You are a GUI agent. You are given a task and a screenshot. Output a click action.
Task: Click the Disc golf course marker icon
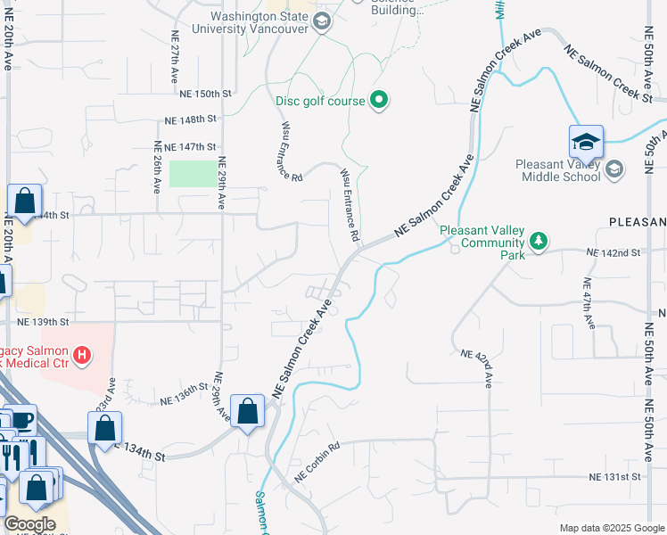point(379,101)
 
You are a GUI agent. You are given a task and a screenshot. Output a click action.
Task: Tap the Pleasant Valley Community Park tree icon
point(538,241)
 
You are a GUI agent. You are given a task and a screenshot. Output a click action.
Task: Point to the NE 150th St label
point(205,93)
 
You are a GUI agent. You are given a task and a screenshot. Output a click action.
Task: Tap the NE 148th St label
point(192,119)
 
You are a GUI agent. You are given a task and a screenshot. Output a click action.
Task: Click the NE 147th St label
point(185,146)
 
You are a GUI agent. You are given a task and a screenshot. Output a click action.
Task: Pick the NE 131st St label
point(614,478)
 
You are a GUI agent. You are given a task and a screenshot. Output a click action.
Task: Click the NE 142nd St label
point(614,253)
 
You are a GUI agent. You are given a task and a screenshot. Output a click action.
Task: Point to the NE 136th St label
point(185,394)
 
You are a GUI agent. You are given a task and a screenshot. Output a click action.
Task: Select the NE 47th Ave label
point(588,303)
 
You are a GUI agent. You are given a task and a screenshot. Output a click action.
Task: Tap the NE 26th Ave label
point(157,167)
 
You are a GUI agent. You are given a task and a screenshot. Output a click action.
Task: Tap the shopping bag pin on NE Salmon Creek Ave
point(249,413)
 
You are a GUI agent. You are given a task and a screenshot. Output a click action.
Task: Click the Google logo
point(29,524)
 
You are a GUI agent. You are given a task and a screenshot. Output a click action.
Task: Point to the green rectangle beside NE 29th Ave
point(194,173)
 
